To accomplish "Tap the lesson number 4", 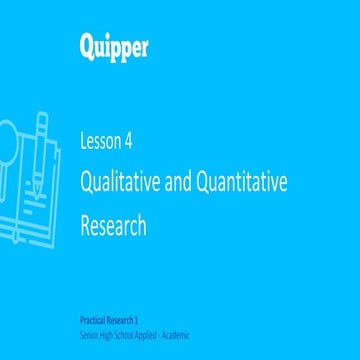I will [x=128, y=140].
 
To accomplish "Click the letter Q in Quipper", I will [x=87, y=46].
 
